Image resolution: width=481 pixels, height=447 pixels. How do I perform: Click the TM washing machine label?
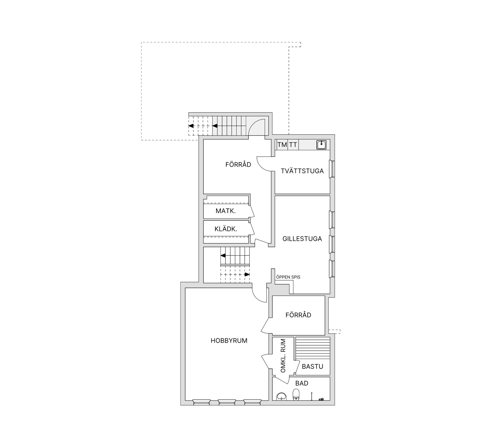tap(282, 145)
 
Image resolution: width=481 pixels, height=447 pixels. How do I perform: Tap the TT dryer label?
tap(293, 145)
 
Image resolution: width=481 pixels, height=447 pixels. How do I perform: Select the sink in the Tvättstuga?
tap(321, 145)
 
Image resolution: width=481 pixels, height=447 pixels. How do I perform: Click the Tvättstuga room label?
tap(302, 171)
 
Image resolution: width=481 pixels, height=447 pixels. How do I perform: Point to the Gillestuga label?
tap(302, 239)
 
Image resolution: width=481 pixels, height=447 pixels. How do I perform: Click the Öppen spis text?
tap(288, 277)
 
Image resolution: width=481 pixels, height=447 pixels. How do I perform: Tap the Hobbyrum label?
tap(229, 341)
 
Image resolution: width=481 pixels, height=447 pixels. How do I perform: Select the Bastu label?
tap(312, 366)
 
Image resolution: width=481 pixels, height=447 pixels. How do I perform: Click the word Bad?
tap(302, 383)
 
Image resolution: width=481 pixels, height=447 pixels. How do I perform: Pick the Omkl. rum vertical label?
tap(283, 356)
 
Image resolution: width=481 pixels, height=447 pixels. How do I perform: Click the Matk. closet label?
tap(225, 211)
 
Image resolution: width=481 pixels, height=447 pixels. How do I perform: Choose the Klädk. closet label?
tap(226, 229)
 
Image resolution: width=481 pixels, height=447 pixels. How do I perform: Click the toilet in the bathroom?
tap(296, 394)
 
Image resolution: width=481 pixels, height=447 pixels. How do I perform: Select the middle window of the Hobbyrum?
tap(227, 409)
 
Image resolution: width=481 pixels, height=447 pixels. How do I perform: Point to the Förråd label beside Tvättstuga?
tap(238, 165)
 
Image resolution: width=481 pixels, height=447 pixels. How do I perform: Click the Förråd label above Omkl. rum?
tap(298, 315)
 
